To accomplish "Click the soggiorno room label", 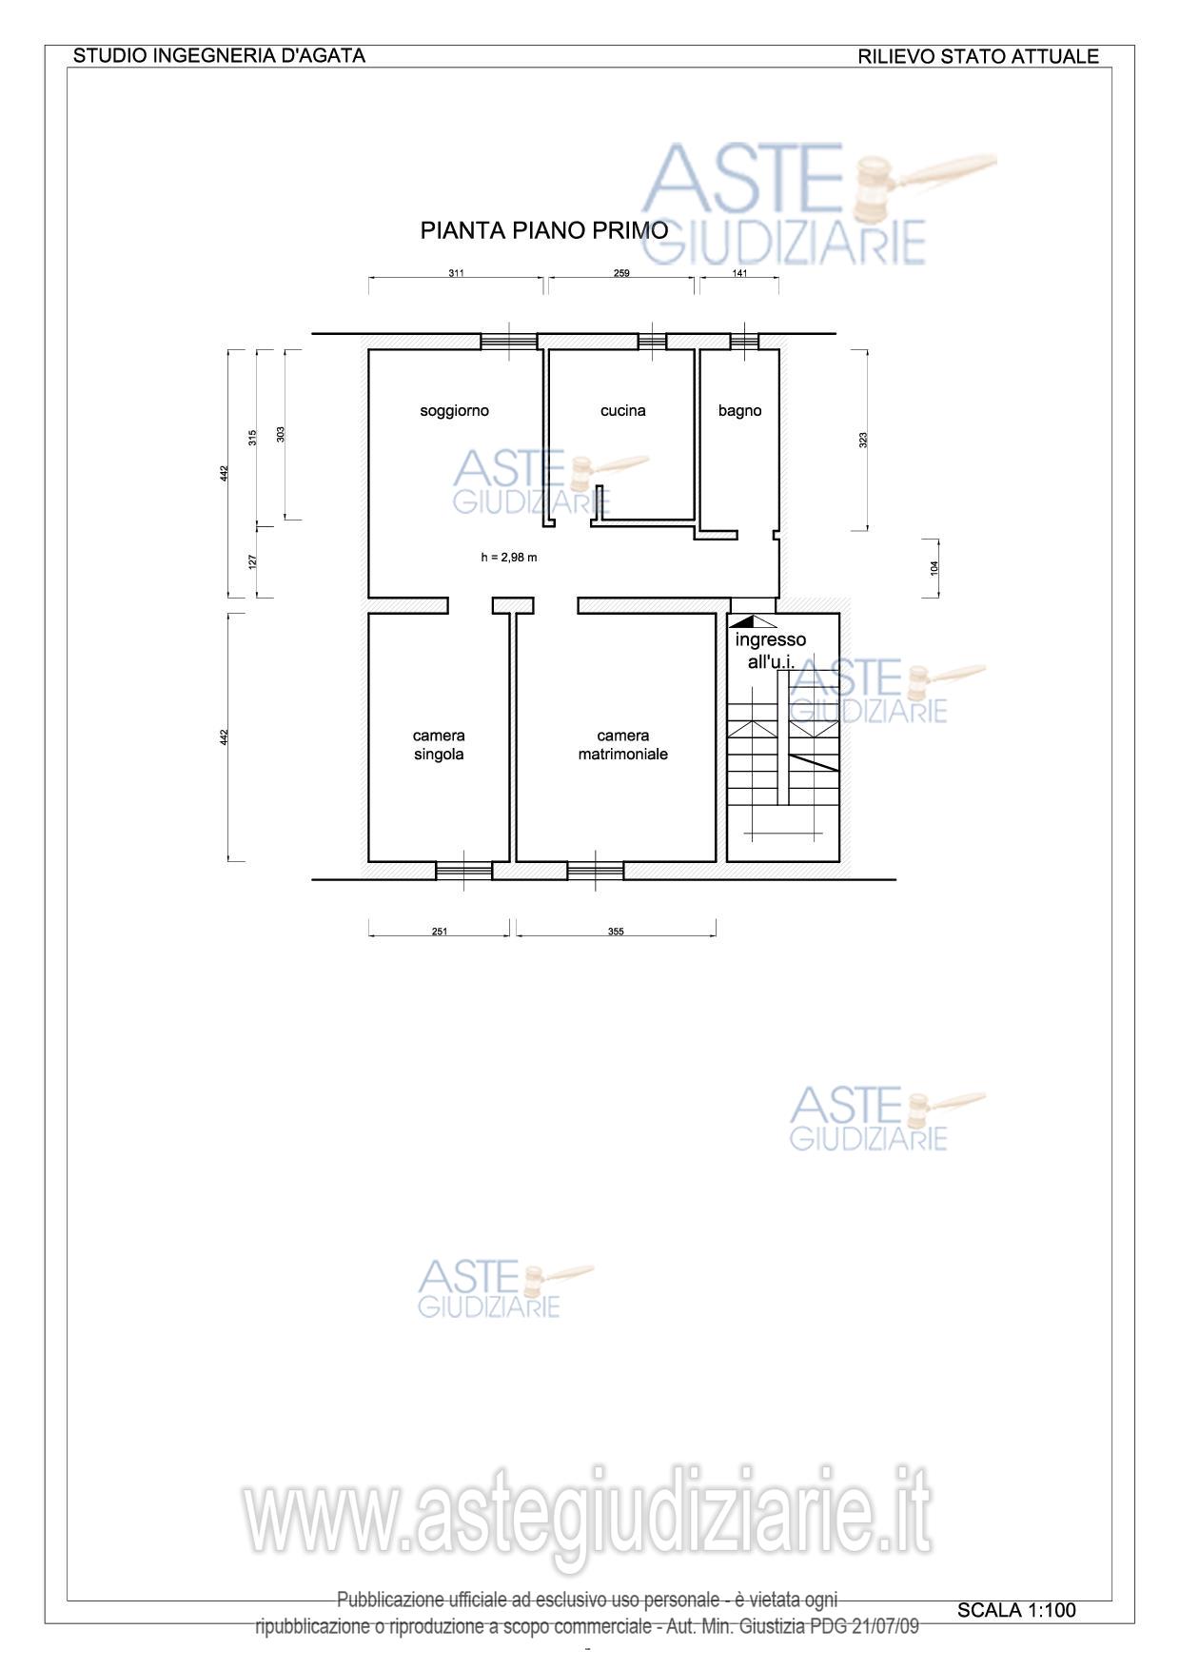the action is [x=454, y=411].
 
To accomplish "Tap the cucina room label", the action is [x=623, y=411].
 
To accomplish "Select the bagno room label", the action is [x=739, y=411].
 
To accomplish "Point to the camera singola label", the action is [x=439, y=745].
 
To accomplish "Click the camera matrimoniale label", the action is [x=623, y=745].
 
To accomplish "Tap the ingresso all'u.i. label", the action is [x=770, y=651].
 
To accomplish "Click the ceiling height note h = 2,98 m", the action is [x=508, y=558].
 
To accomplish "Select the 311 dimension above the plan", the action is [x=456, y=273].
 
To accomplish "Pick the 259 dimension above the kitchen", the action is [x=621, y=273].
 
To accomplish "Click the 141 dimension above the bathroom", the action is [x=739, y=273].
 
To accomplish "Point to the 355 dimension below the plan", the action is [x=616, y=932].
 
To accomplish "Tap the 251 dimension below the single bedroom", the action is [x=439, y=932].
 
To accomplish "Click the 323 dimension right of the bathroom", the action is [x=863, y=440].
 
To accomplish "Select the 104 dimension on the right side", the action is [x=934, y=568].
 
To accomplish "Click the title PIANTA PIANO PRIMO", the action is [x=544, y=230].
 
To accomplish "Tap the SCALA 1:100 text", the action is [x=1016, y=1610].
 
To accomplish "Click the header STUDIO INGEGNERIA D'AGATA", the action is [x=219, y=55].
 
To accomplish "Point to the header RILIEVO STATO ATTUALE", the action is [x=978, y=56].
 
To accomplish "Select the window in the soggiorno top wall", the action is [x=509, y=342].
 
